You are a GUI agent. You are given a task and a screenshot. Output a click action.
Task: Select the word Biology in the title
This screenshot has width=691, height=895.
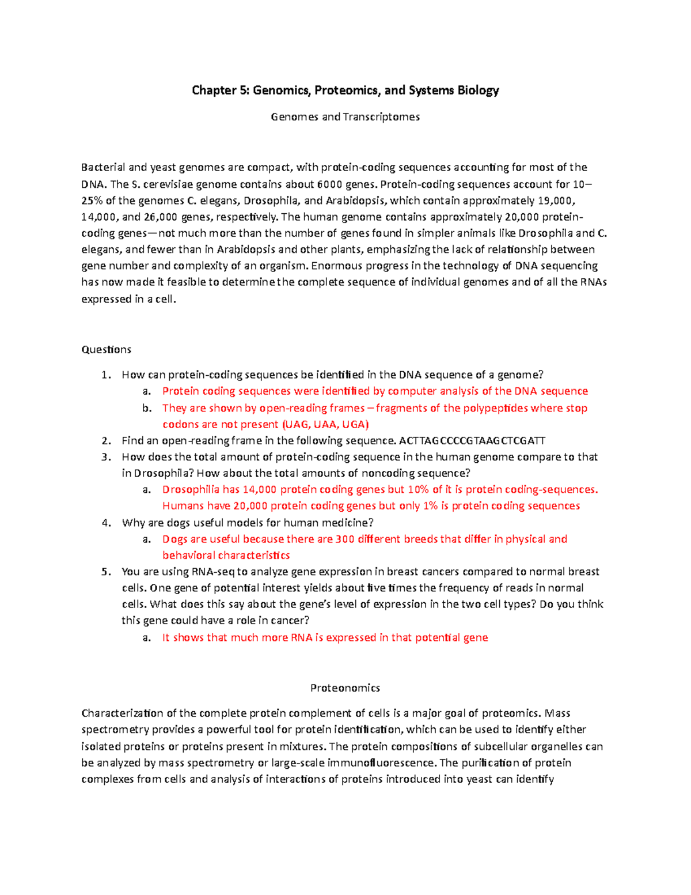[478, 90]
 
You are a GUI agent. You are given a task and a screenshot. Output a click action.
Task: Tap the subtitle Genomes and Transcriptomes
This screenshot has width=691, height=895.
[345, 117]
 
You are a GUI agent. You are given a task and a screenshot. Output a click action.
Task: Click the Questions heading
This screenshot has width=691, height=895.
[107, 350]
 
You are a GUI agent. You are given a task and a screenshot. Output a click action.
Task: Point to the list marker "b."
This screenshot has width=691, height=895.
[147, 408]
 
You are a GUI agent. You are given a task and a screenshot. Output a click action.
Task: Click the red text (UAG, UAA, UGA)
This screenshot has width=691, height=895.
[325, 425]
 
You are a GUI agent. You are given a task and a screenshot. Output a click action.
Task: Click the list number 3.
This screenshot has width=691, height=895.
[105, 457]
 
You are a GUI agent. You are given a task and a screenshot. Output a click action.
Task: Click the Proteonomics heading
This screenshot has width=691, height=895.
[345, 688]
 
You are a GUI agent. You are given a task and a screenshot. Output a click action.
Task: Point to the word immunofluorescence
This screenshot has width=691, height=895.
[382, 763]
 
